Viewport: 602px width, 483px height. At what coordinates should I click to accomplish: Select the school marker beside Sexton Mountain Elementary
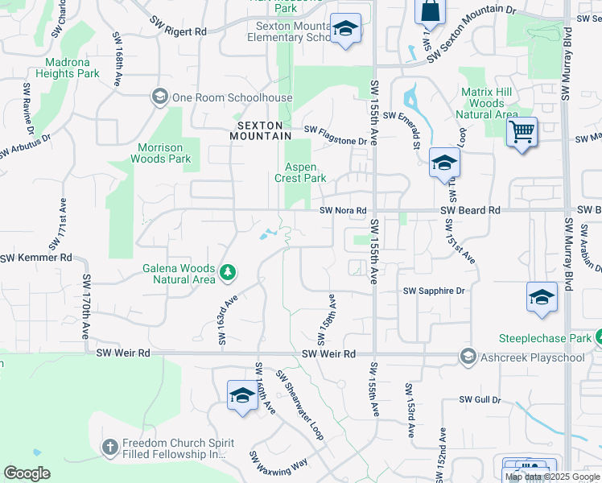click(345, 30)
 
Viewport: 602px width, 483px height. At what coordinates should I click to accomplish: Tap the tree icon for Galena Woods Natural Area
click(228, 273)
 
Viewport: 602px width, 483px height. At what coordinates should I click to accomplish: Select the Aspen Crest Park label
click(301, 172)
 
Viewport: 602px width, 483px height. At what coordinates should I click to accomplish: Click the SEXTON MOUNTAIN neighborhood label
click(262, 130)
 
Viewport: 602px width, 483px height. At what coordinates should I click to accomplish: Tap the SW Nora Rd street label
click(344, 211)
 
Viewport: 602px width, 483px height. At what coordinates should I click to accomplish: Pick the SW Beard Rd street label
click(471, 210)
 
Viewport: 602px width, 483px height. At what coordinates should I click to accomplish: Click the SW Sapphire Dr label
click(434, 291)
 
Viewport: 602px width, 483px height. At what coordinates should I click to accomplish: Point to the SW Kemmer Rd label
click(35, 258)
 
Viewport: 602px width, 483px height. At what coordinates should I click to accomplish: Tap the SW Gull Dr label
click(480, 399)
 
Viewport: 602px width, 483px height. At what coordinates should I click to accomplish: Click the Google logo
click(27, 473)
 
